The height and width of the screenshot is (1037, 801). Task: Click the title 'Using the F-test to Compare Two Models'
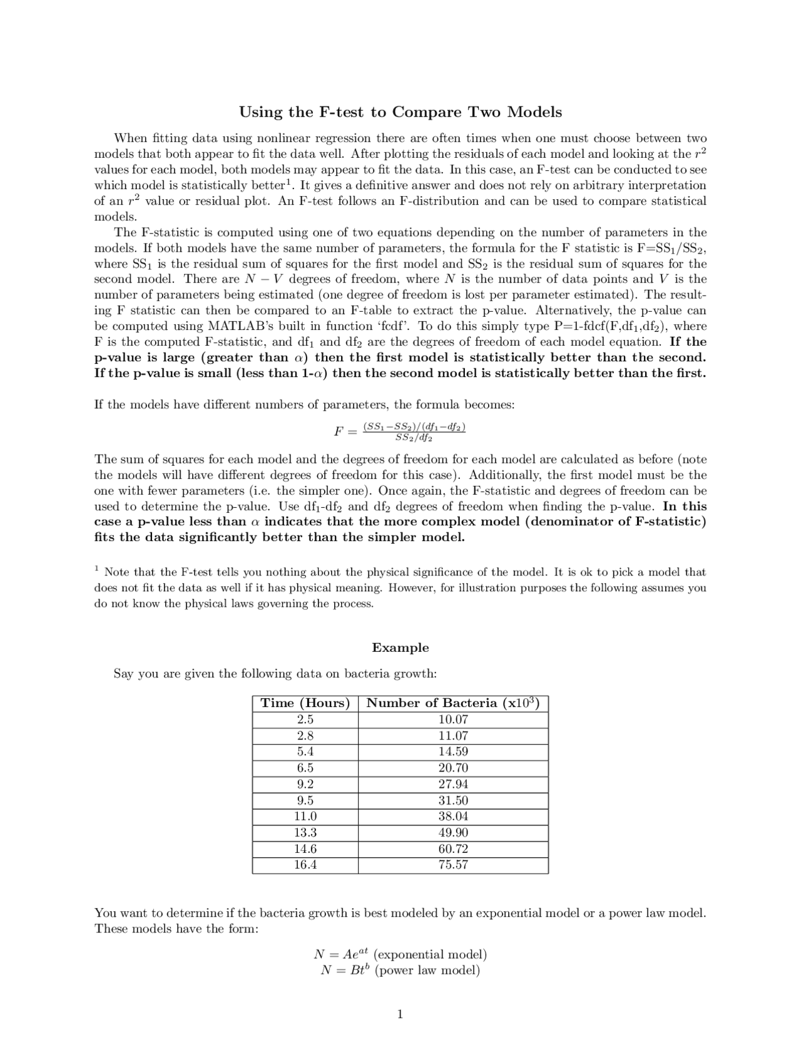pos(400,112)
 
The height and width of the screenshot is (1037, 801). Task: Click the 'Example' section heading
pos(400,647)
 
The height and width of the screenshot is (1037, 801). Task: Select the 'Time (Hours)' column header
pos(305,703)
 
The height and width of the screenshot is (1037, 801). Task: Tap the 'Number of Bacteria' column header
pos(453,703)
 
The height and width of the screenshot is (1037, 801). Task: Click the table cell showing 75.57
pos(453,865)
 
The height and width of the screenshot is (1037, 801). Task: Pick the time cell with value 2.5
pos(305,720)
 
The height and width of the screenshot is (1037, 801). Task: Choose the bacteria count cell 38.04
pos(453,816)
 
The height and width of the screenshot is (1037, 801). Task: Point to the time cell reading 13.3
pos(305,832)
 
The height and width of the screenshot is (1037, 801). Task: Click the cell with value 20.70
pos(453,768)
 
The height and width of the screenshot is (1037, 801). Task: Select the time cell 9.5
pos(305,800)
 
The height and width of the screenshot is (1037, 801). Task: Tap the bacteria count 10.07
pos(453,720)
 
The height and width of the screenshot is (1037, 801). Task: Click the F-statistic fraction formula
pos(400,431)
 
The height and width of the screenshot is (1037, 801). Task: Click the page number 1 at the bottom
pos(400,1014)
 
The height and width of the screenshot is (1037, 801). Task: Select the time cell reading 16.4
pos(305,865)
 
